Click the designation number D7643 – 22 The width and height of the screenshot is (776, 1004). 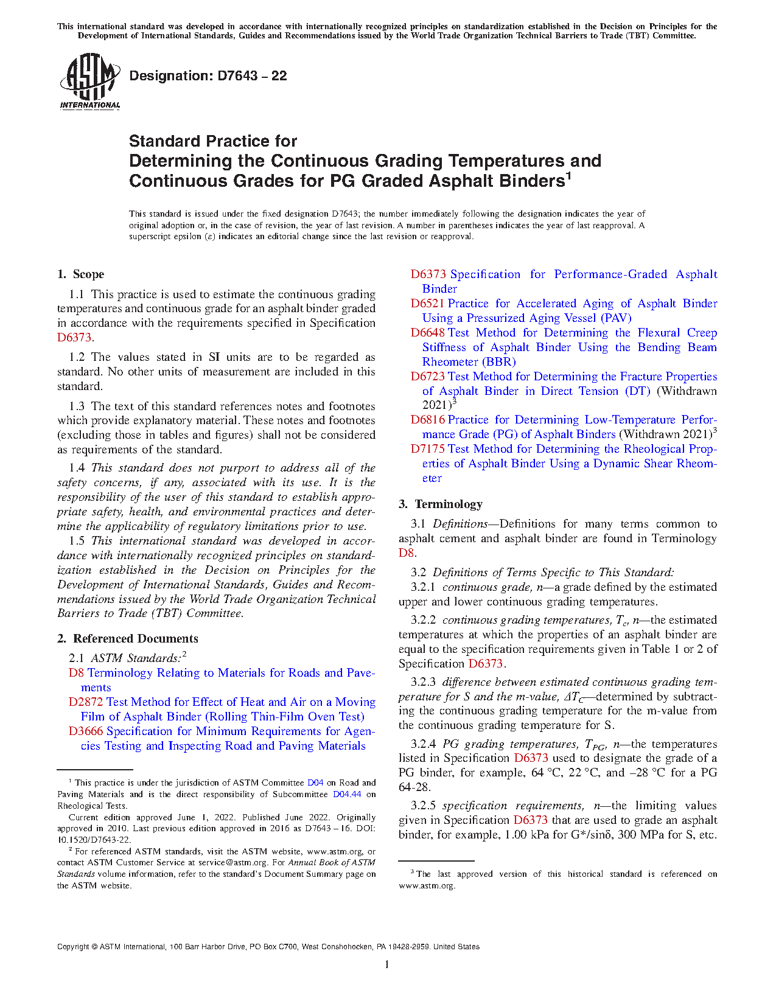[208, 76]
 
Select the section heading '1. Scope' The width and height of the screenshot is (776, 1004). [81, 274]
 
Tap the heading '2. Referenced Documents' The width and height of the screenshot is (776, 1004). [128, 639]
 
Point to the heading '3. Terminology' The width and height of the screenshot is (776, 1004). [441, 504]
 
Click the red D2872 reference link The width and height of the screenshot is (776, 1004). [86, 702]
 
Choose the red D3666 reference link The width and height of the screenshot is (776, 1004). [86, 731]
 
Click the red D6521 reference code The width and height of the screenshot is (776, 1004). [427, 304]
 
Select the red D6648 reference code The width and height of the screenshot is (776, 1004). [427, 333]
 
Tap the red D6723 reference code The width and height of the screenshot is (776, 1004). [427, 377]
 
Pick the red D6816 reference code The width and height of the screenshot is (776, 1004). [427, 420]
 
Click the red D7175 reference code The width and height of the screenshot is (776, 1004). [427, 449]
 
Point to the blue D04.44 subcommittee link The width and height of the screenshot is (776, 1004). [347, 795]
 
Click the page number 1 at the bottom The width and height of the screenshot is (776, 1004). [387, 964]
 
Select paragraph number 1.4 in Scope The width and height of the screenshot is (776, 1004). [77, 468]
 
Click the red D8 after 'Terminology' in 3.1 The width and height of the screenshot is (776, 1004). [406, 553]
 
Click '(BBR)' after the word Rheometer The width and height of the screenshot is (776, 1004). [499, 362]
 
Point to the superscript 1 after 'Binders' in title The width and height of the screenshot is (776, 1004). [568, 175]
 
